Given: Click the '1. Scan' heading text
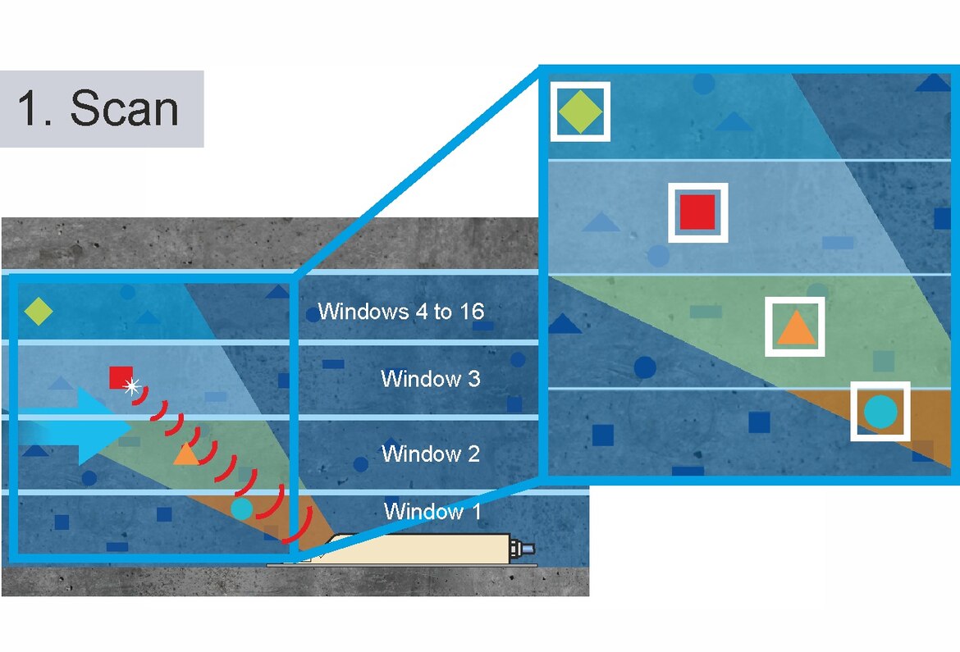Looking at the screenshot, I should (x=98, y=108).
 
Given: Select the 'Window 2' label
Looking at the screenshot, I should (x=431, y=453).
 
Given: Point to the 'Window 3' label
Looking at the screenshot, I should (x=431, y=379).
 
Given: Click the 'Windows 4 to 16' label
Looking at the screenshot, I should (x=400, y=312).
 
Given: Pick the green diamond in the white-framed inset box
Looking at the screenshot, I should (x=579, y=112).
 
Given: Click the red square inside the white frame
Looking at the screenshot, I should (x=697, y=212).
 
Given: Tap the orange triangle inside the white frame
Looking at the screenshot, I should (x=794, y=328).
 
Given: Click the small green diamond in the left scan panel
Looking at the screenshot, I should (x=38, y=312).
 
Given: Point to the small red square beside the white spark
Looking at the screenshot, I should (x=120, y=377).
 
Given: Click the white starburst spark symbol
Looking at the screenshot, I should (x=131, y=385).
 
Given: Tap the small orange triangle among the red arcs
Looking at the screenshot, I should (x=185, y=454).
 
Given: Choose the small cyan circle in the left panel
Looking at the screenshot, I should (x=241, y=508).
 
